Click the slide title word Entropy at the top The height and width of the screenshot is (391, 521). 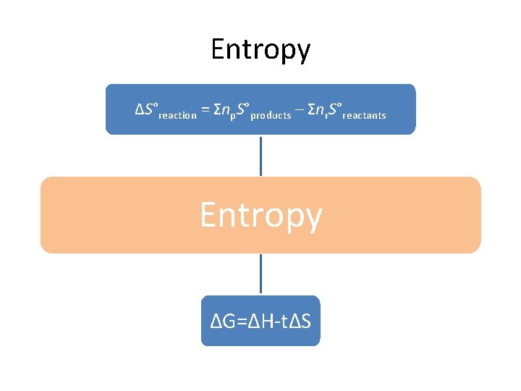tap(260, 49)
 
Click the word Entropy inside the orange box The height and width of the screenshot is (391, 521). tap(260, 215)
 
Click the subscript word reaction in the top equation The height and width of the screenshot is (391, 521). tap(177, 115)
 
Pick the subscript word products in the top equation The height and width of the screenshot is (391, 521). tap(271, 115)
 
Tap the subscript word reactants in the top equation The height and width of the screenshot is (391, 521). tap(364, 115)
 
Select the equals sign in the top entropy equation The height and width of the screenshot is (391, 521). tap(206, 110)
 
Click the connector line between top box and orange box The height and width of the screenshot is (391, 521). tap(260, 156)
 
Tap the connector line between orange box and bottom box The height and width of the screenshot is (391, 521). tap(260, 274)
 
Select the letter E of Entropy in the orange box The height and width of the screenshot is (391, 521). tap(208, 214)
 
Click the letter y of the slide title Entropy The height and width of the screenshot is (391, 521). tap(303, 52)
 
